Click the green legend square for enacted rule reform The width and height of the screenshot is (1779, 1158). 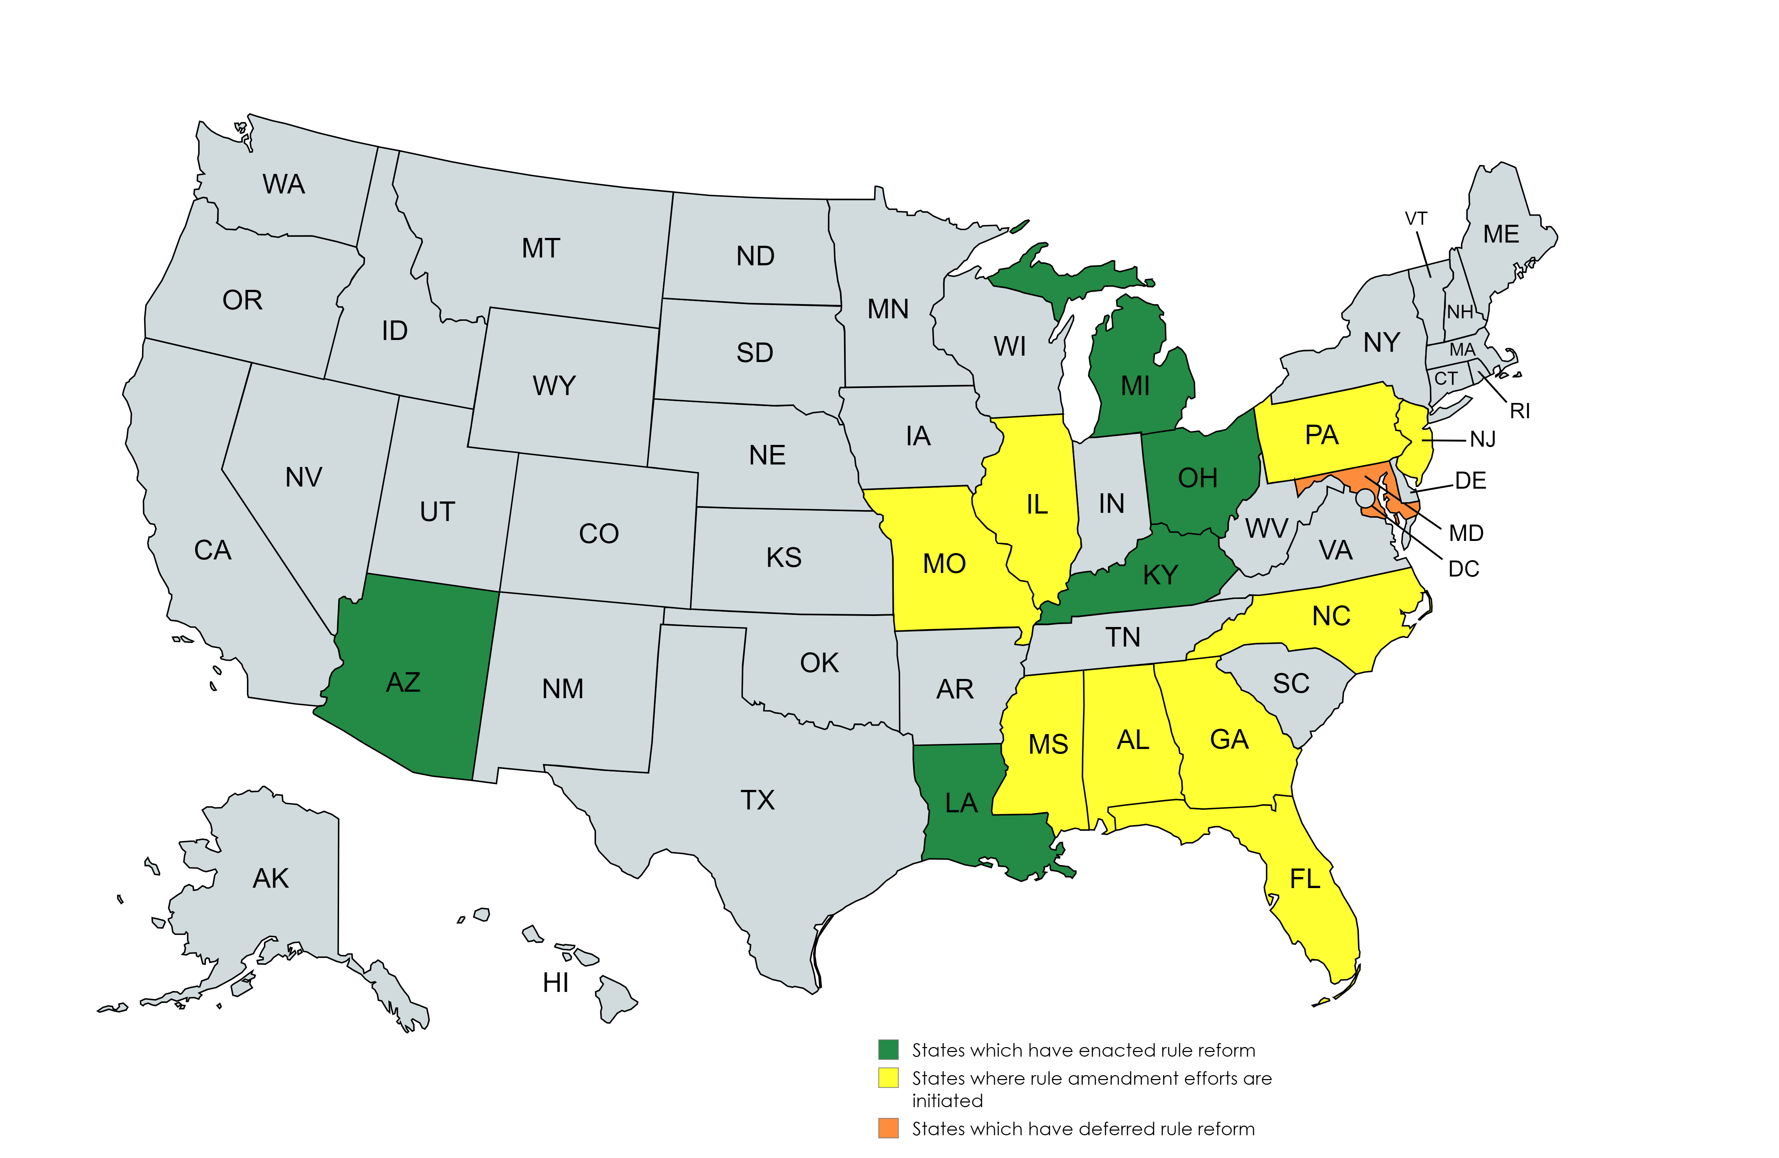pyautogui.click(x=888, y=1050)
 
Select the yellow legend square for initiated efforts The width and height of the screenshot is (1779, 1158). pyautogui.click(x=888, y=1078)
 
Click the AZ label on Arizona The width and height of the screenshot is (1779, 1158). pyautogui.click(x=403, y=682)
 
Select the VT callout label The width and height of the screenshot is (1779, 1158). pyautogui.click(x=1416, y=219)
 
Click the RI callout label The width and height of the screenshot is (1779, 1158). pyautogui.click(x=1520, y=411)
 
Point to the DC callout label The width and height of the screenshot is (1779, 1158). pyautogui.click(x=1463, y=569)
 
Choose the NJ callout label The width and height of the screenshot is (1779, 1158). pyautogui.click(x=1483, y=439)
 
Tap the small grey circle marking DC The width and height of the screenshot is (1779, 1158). pyautogui.click(x=1365, y=498)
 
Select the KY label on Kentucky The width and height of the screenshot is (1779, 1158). pyautogui.click(x=1160, y=575)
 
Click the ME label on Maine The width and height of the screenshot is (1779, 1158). pyautogui.click(x=1501, y=235)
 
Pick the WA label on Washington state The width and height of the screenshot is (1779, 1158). pyautogui.click(x=283, y=184)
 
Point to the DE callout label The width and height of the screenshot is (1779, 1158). pyautogui.click(x=1470, y=480)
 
